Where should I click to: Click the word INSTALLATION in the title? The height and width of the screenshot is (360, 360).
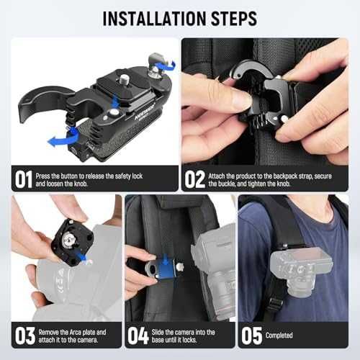(154, 19)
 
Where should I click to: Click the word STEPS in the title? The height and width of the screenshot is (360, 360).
(234, 19)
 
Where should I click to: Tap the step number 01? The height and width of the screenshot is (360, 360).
(24, 179)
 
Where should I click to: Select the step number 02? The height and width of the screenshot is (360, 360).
(195, 179)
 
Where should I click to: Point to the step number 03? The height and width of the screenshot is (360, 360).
(25, 336)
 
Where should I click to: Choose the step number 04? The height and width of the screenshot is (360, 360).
(138, 336)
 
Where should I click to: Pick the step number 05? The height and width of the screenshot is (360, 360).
(252, 336)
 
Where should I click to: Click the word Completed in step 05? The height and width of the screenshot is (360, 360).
(279, 336)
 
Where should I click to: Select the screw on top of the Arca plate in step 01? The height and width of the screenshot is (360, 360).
(124, 78)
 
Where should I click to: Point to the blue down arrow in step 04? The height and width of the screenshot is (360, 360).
(165, 260)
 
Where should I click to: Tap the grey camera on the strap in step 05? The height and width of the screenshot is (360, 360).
(301, 272)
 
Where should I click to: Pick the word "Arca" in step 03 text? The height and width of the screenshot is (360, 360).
(75, 332)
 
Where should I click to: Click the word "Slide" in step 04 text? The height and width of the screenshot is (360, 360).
(158, 332)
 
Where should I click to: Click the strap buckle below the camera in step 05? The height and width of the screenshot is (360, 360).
(274, 305)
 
